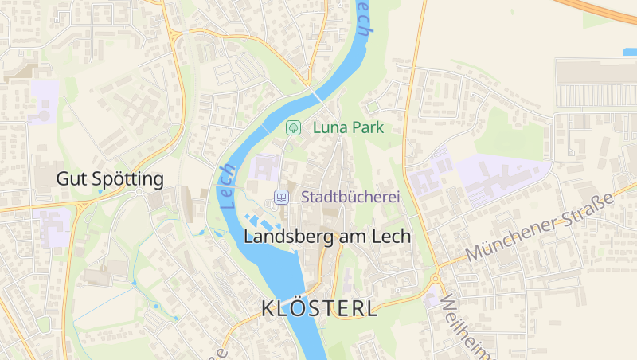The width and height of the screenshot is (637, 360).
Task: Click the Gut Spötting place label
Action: pos(110,179)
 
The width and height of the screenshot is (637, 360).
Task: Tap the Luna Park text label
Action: pos(348,127)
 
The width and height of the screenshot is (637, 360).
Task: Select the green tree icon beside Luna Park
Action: pos(293,127)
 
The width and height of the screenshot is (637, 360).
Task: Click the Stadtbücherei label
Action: pos(350,196)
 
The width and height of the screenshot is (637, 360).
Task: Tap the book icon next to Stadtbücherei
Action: pos(280,196)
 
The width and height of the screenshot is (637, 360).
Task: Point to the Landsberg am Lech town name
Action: pos(326,237)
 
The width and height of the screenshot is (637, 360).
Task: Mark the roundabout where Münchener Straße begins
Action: pos(436,279)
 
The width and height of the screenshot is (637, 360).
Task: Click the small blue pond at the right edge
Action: pos(629,53)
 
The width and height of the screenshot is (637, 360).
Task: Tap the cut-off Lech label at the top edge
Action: pos(362,16)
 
